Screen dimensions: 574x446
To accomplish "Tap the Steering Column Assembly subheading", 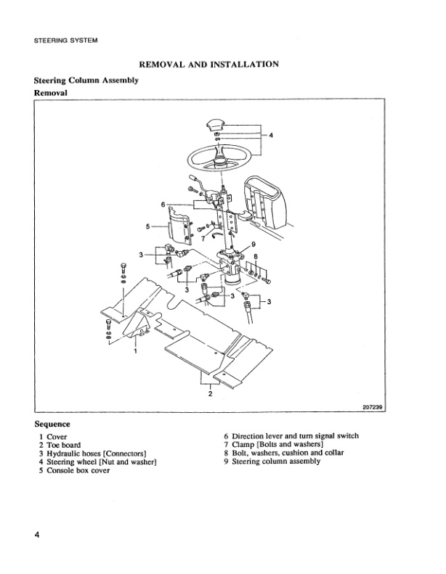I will click(x=86, y=81).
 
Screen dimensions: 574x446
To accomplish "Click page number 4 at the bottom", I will click(x=36, y=535).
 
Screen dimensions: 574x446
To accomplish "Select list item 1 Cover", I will click(x=53, y=436).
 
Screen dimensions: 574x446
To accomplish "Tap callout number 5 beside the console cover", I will click(x=147, y=226).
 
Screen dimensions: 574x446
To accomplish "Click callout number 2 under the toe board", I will click(x=211, y=394).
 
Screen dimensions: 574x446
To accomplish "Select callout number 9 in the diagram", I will click(x=253, y=244).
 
